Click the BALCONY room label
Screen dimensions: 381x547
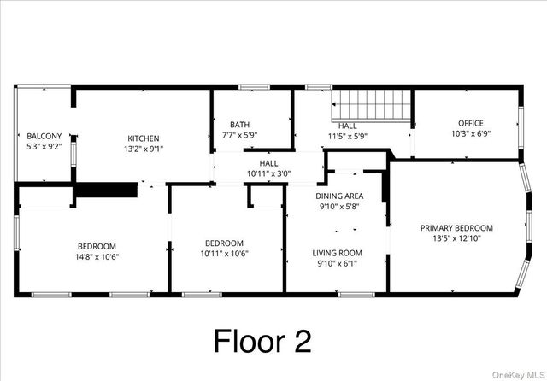click(x=44, y=137)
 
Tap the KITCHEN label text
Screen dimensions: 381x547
click(x=144, y=138)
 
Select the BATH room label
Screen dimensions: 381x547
click(x=239, y=125)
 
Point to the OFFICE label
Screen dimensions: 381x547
click(x=471, y=123)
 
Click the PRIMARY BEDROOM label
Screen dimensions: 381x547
click(x=456, y=227)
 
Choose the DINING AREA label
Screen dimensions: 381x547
click(x=339, y=196)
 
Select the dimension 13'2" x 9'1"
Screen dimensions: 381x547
click(x=144, y=149)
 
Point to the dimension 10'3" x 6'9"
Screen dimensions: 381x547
click(x=471, y=134)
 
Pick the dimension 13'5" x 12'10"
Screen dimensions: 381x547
click(x=456, y=238)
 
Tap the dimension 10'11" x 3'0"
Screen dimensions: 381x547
click(x=268, y=173)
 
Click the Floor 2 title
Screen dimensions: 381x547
click(x=262, y=341)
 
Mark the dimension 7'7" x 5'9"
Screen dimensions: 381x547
click(x=239, y=135)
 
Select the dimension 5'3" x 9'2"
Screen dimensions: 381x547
click(x=44, y=147)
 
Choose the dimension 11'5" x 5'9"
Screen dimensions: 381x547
click(x=348, y=135)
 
